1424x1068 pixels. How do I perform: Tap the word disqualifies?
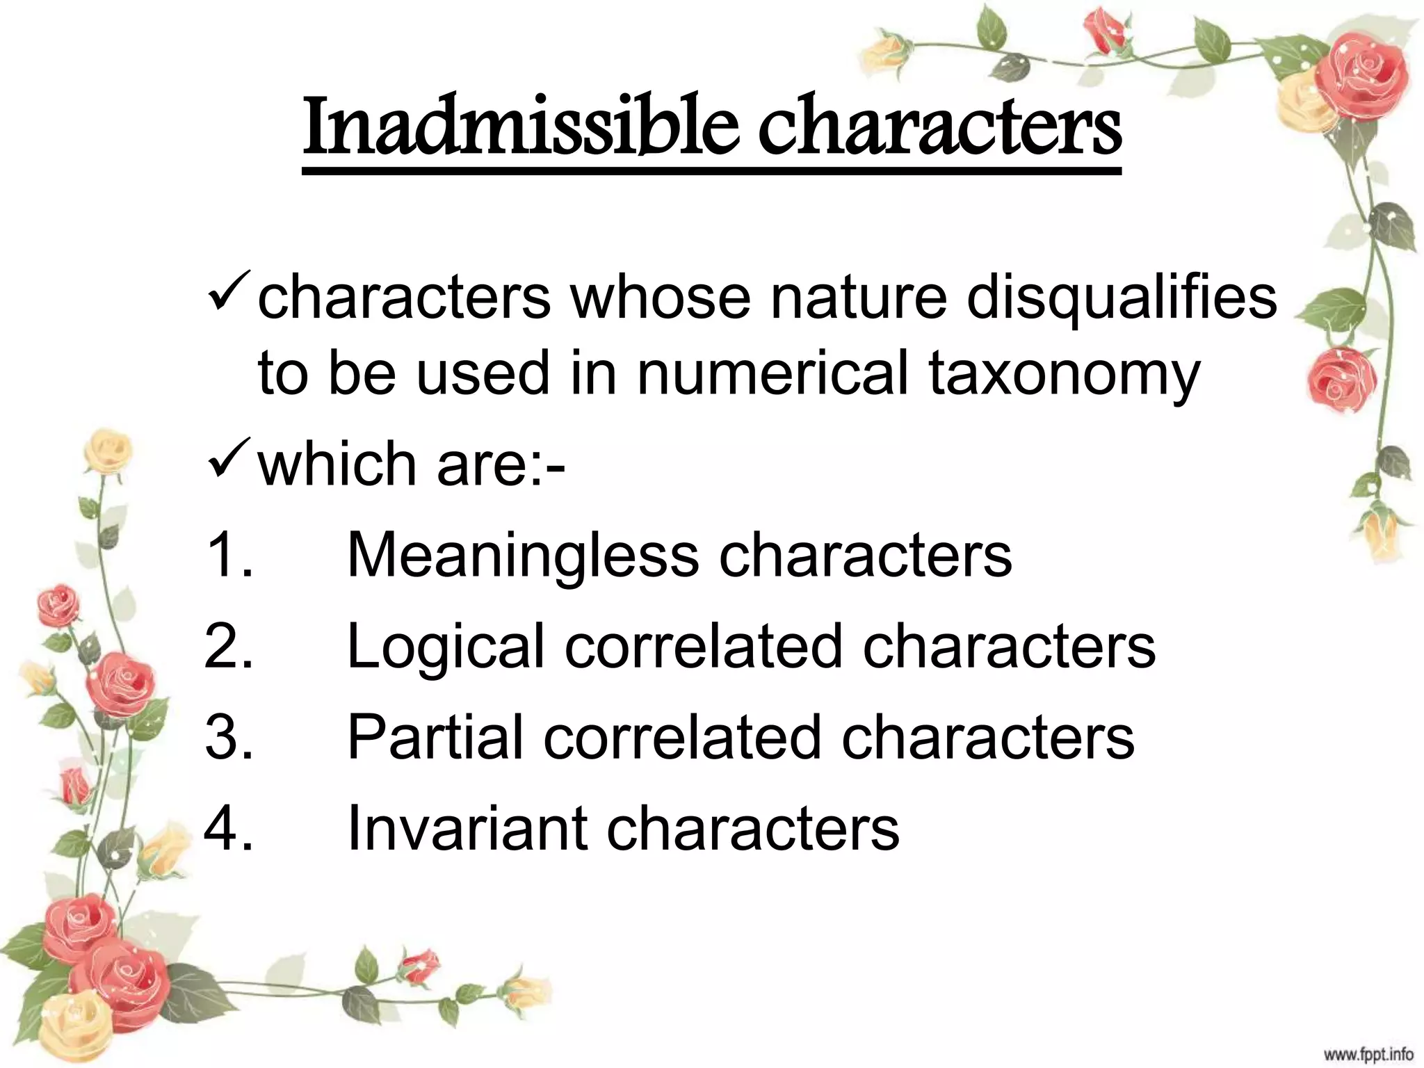[x=1121, y=298]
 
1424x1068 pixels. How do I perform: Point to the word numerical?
[x=772, y=373]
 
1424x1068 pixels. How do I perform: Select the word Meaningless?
[x=523, y=556]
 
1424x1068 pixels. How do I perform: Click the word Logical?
[x=445, y=647]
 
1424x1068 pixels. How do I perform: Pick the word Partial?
[x=435, y=737]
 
